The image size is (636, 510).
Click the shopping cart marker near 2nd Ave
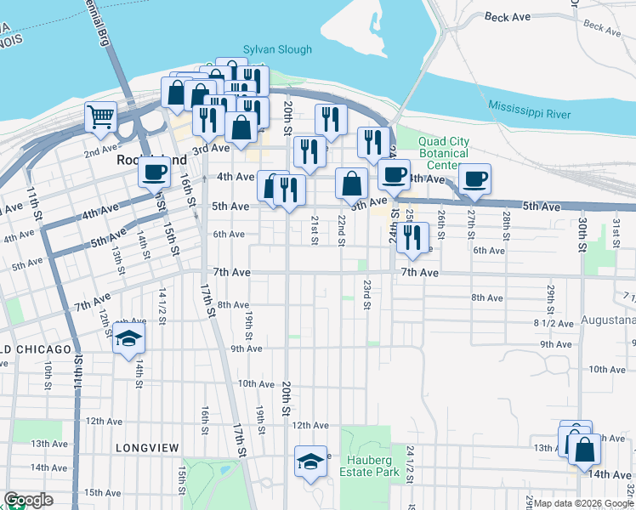coord(100,118)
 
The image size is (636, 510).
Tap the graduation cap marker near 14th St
coord(128,340)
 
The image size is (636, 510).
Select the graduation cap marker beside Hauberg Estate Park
coord(310,462)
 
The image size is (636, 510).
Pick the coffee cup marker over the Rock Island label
coord(155,173)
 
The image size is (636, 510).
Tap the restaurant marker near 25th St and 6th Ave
coord(412,238)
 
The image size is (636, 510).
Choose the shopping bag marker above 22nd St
coord(351,183)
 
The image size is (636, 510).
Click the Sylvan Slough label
coord(277,50)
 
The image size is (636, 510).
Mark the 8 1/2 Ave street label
coord(549,324)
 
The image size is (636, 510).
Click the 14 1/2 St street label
coord(162,303)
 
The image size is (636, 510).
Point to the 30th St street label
coord(582,229)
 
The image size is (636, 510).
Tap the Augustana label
coord(608,321)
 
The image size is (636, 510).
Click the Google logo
coord(28,501)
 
